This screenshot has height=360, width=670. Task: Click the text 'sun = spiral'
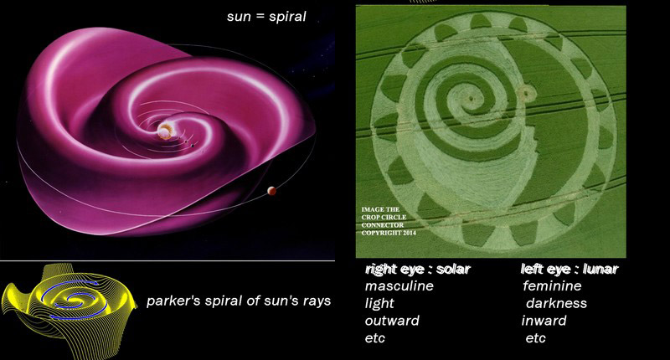tap(266, 17)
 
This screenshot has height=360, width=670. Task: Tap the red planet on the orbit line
tap(271, 191)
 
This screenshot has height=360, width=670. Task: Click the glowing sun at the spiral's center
tap(164, 131)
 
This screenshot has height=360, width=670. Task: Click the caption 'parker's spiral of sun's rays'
tap(239, 301)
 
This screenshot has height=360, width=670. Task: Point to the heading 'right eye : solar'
tap(418, 269)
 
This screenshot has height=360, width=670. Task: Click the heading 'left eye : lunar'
tap(569, 269)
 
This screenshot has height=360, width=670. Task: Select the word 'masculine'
tap(399, 285)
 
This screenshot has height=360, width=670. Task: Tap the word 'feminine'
tap(552, 285)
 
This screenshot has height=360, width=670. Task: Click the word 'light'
tap(379, 303)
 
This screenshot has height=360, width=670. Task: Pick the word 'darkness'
tap(556, 303)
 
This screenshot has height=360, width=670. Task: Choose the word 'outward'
tap(392, 321)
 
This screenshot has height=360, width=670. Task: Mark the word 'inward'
tap(544, 321)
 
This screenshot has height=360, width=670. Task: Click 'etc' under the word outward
tap(374, 338)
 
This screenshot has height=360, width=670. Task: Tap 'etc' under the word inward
tap(535, 338)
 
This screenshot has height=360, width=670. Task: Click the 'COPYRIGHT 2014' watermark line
tap(389, 234)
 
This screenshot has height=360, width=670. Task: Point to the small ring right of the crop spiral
tap(527, 91)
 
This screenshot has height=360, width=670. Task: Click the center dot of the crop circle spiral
tap(471, 98)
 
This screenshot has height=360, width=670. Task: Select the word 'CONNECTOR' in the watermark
tap(383, 225)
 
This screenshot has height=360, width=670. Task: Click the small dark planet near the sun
tap(193, 146)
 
